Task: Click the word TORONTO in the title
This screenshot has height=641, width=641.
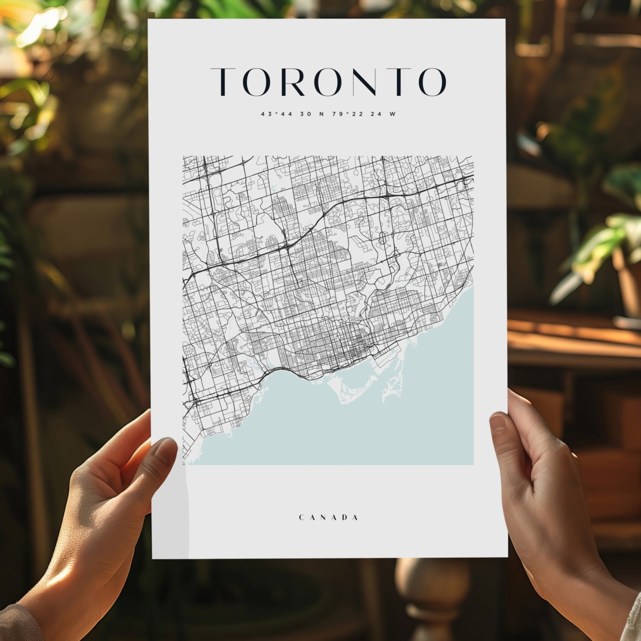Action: click(x=328, y=82)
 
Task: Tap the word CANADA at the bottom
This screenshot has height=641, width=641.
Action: click(x=328, y=518)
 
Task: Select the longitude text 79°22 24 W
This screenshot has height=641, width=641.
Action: click(x=363, y=114)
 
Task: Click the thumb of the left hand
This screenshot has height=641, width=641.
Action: click(x=160, y=453)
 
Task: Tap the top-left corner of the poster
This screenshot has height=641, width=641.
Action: click(x=149, y=20)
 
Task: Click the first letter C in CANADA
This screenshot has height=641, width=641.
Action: click(x=301, y=518)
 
